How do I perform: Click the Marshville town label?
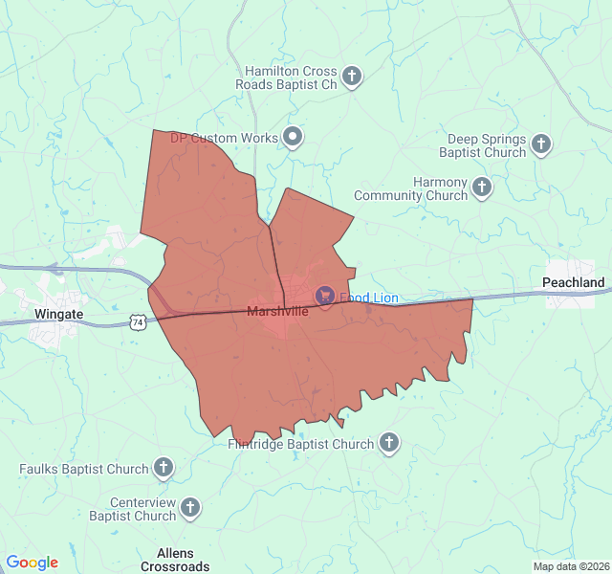click(277, 311)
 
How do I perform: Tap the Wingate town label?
click(58, 314)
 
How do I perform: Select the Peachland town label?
click(573, 282)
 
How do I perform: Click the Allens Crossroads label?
click(175, 560)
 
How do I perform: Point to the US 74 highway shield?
click(140, 323)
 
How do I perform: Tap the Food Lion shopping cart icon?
click(324, 298)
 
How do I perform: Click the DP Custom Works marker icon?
click(293, 138)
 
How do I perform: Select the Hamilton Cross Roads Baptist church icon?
click(352, 77)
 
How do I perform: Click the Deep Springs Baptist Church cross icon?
click(541, 145)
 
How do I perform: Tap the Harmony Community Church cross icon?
click(482, 188)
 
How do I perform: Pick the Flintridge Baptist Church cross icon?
click(388, 443)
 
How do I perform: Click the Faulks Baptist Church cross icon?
click(164, 468)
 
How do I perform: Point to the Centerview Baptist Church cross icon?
click(191, 509)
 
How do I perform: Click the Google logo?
click(32, 563)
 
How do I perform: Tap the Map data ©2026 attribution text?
click(571, 566)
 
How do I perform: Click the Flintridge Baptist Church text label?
click(300, 444)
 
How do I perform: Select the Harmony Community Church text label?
click(411, 188)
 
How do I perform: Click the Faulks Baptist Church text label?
click(84, 469)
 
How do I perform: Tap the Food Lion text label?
click(368, 298)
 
